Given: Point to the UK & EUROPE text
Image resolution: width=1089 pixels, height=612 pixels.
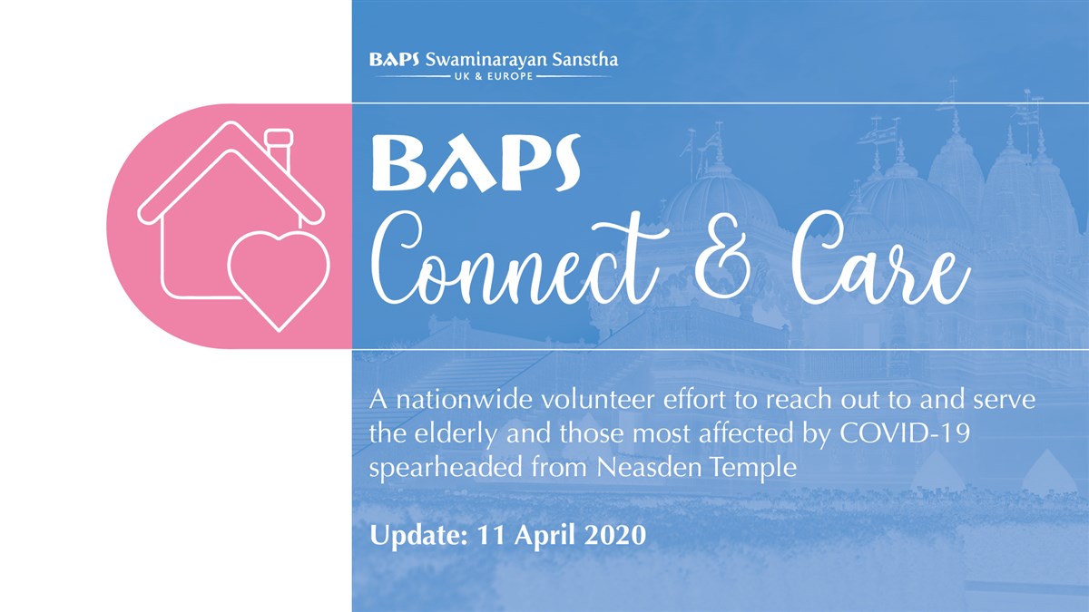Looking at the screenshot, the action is (x=494, y=76).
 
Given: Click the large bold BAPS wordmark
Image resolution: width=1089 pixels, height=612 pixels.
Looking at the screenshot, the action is (x=476, y=162).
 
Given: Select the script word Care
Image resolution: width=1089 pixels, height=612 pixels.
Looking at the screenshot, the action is (x=880, y=260).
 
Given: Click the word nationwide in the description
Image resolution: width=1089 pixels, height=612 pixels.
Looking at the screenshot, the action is (x=466, y=400).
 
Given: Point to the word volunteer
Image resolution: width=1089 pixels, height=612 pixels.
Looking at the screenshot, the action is (x=598, y=400).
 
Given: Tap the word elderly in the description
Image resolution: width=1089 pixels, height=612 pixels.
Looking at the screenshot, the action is (x=454, y=433).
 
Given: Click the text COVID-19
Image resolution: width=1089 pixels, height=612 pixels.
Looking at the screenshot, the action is (x=906, y=433).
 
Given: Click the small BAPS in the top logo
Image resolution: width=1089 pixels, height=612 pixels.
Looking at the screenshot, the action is (x=394, y=60).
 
